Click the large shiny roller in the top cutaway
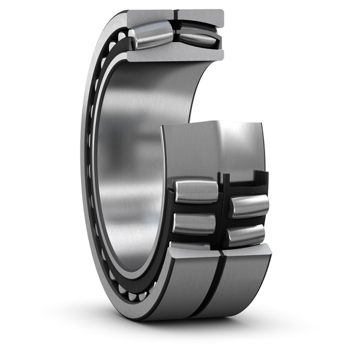pos(151,35)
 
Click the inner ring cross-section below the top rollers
pos(174,55)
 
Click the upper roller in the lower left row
pos(196,191)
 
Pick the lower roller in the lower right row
pos(247,235)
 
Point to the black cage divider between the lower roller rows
pos(223,210)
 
